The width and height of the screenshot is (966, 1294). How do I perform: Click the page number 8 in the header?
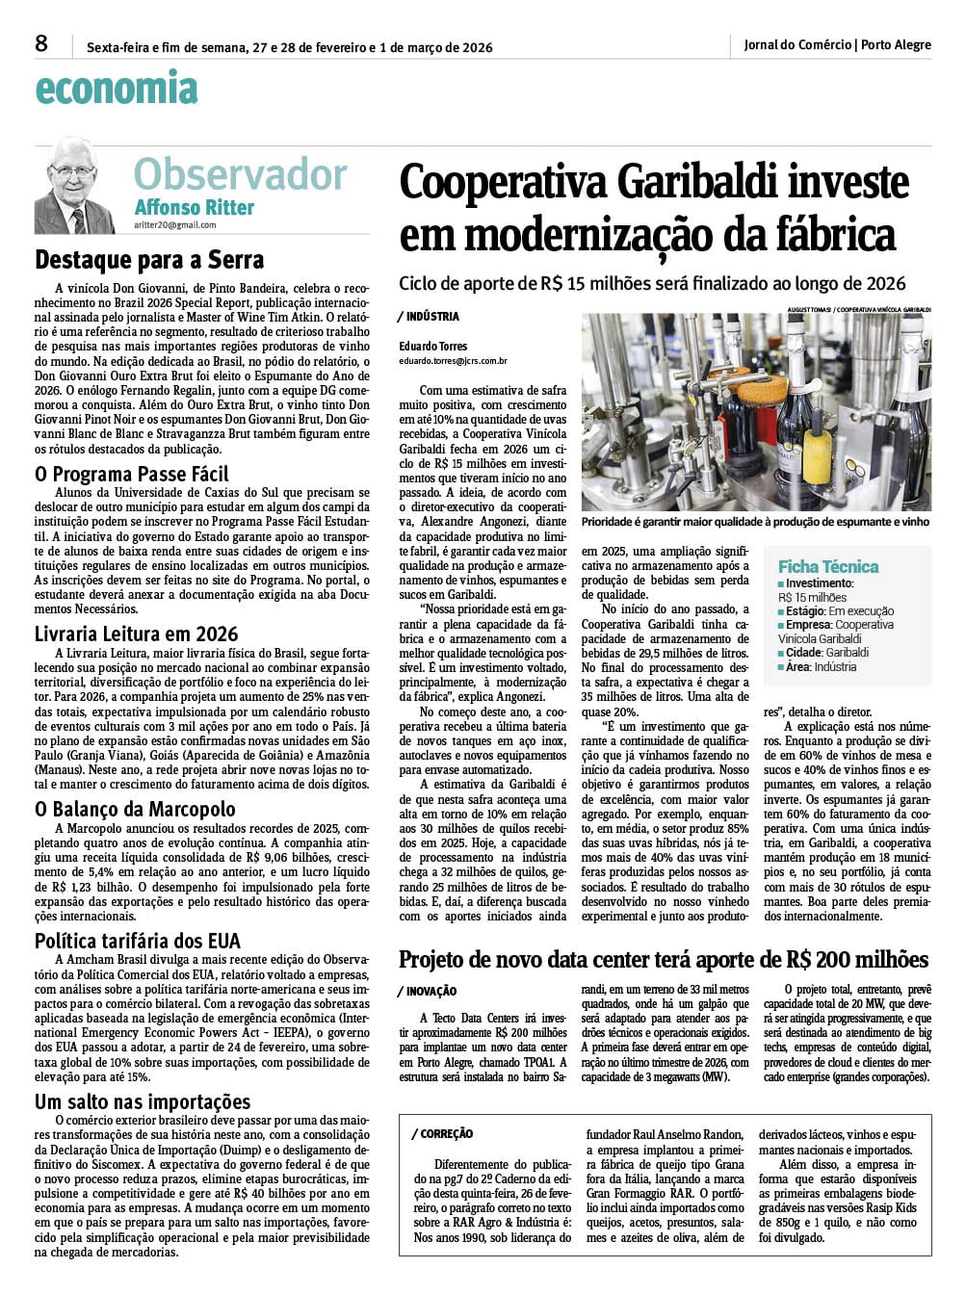tap(41, 43)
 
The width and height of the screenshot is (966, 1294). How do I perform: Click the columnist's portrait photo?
tap(74, 185)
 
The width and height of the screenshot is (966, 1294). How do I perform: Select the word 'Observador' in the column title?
tap(240, 174)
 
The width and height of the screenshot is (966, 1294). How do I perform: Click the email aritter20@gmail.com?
tap(175, 225)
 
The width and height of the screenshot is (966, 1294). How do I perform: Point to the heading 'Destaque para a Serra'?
tap(149, 260)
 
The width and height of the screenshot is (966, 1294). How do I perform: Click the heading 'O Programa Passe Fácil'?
tap(132, 474)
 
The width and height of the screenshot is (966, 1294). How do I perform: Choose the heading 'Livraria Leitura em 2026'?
tap(137, 634)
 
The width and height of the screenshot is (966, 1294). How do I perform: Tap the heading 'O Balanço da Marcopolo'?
tap(135, 809)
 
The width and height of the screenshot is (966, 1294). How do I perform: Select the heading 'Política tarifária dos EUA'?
tap(138, 941)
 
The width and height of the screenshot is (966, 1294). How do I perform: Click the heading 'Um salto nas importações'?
tap(143, 1101)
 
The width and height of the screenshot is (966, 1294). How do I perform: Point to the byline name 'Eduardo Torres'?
tap(433, 346)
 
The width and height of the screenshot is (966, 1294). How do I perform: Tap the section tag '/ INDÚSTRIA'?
tap(429, 317)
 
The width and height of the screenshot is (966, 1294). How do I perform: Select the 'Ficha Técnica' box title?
tap(828, 566)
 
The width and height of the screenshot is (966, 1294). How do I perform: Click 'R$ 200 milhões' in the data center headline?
tap(857, 959)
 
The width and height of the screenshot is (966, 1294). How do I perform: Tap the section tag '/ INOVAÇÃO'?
tap(427, 992)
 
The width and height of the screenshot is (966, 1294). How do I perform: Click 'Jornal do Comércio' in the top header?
tap(796, 44)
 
